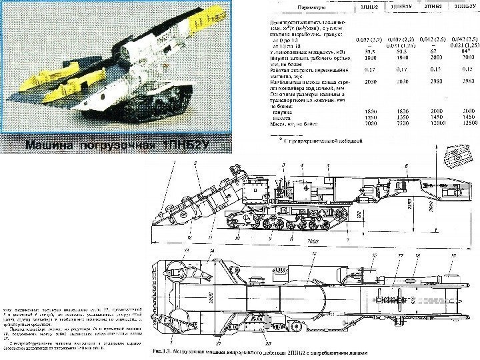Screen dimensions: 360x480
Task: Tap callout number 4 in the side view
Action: coord(303,164)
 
